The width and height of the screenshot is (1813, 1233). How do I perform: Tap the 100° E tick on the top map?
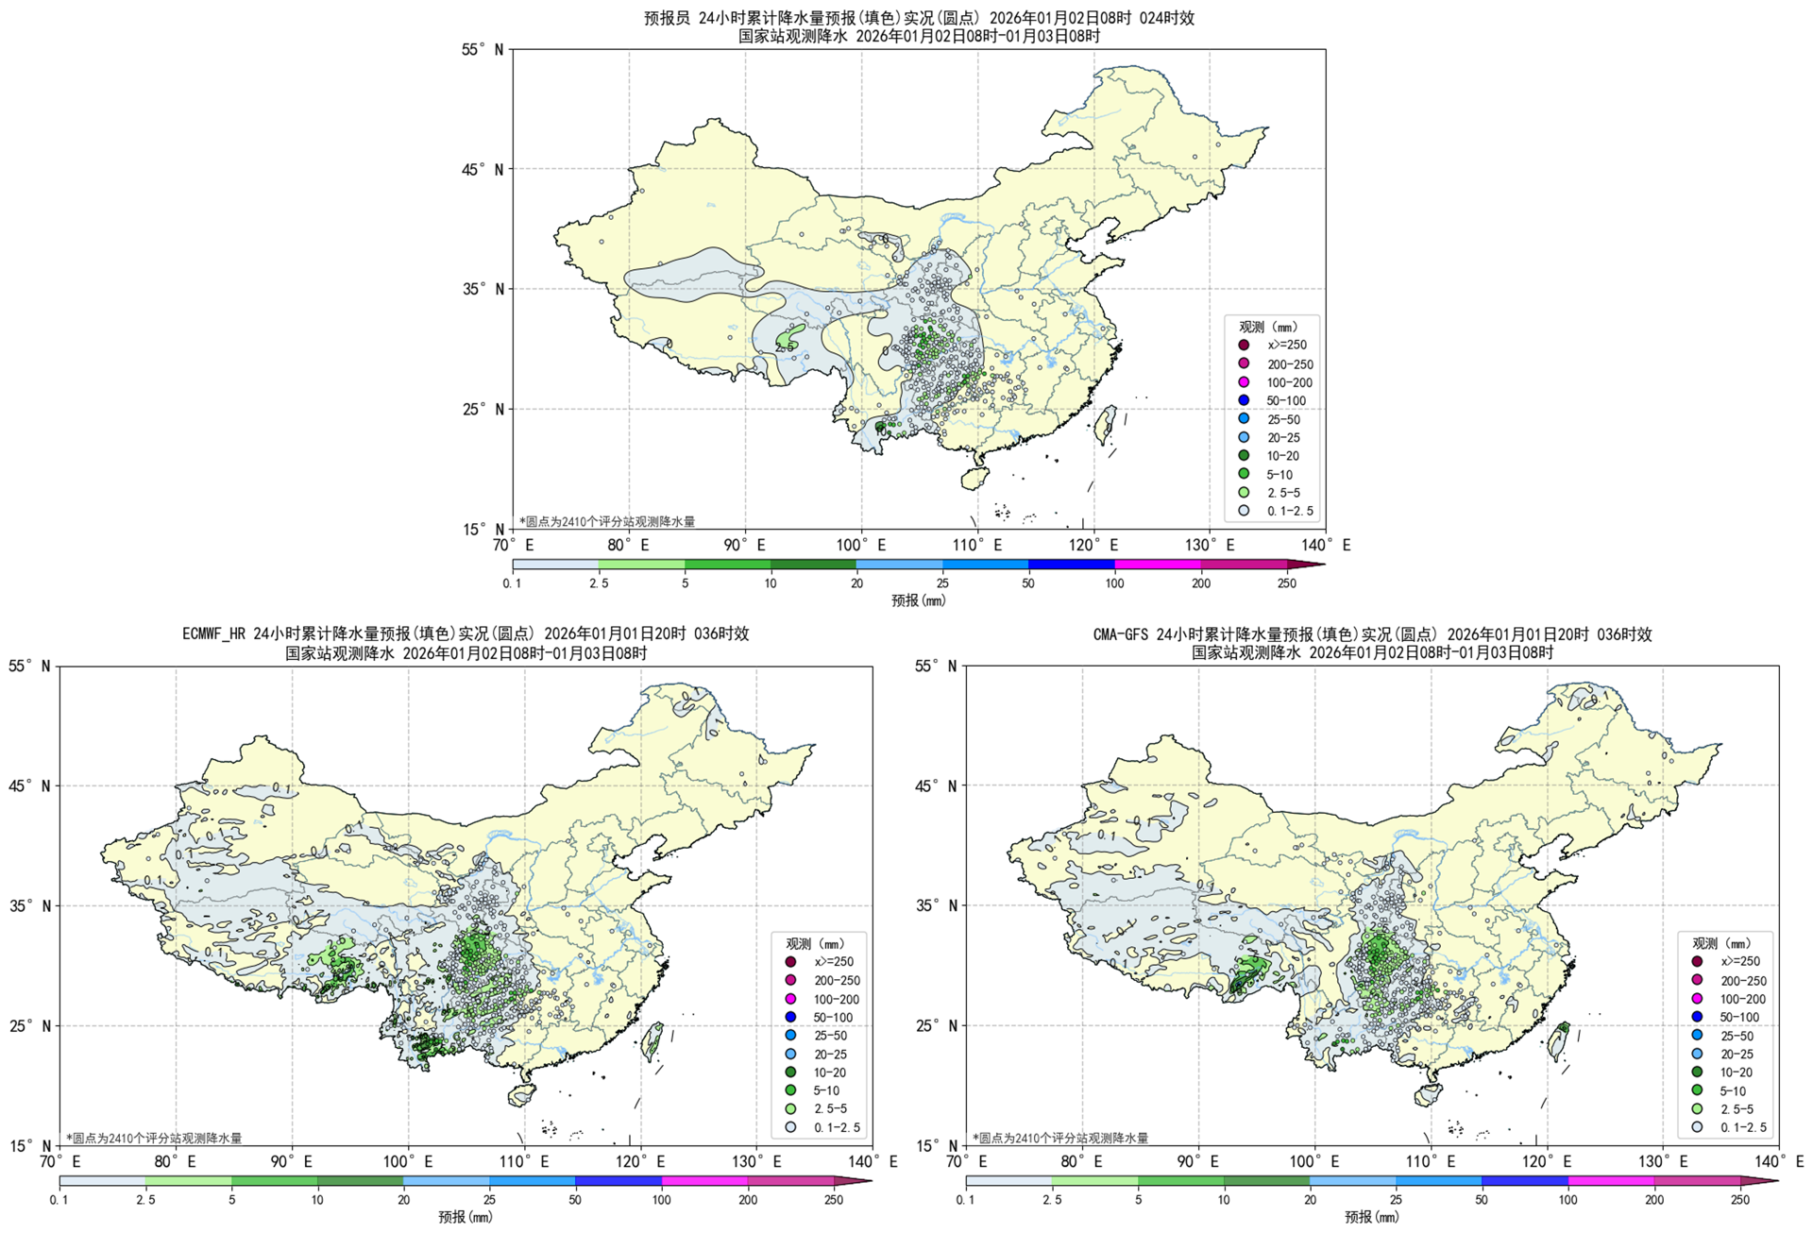(860, 545)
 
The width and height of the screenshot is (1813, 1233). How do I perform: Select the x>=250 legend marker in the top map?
(1244, 346)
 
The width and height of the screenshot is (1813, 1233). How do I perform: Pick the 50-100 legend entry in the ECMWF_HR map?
(832, 1018)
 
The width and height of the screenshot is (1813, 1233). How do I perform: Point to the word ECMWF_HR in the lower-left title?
(215, 633)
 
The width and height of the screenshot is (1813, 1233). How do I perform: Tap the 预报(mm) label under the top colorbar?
(918, 600)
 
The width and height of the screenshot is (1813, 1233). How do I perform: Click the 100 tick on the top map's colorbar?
(1114, 583)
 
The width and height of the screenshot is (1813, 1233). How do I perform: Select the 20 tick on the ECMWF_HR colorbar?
(403, 1200)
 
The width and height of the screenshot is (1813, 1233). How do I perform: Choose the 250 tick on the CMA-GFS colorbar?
(1740, 1200)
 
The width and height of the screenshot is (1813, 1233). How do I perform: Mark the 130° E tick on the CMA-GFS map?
(1663, 1161)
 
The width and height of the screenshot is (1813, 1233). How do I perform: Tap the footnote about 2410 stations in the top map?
(607, 521)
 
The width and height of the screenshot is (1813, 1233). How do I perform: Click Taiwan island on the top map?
(1105, 424)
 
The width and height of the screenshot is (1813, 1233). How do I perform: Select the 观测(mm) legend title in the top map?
(1267, 327)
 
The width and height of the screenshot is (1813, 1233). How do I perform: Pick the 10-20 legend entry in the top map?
(1282, 456)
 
